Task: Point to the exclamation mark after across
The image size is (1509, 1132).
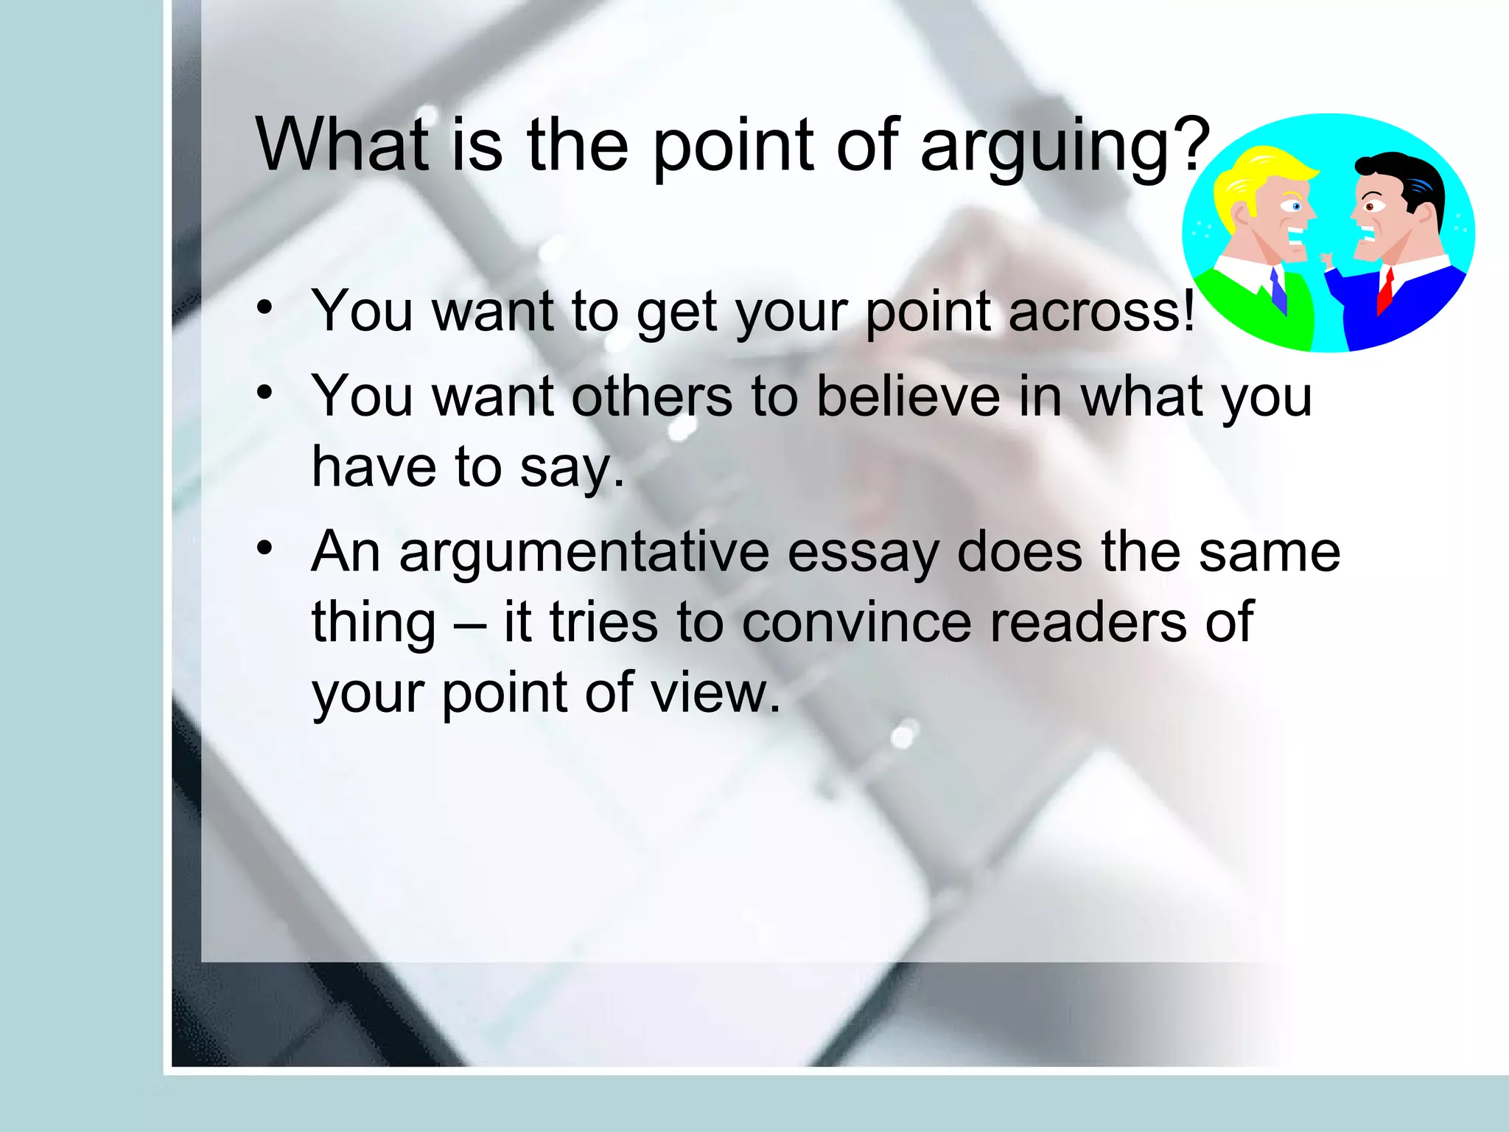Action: click(x=1188, y=310)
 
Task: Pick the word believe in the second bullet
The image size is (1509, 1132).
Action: click(x=908, y=396)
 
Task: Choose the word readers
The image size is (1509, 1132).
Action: click(x=1088, y=623)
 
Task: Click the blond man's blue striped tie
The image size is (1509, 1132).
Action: click(x=1278, y=291)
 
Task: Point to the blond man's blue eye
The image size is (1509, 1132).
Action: click(x=1296, y=207)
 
